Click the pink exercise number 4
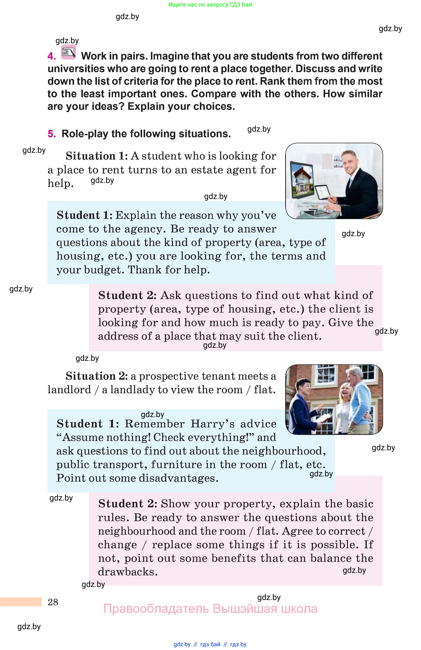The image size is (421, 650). [x=51, y=56]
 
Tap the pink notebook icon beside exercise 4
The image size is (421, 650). [x=68, y=52]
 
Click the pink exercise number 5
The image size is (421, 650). [x=51, y=134]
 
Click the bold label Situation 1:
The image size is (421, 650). [x=97, y=156]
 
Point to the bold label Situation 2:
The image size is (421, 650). [x=97, y=376]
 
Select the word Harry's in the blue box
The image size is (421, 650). [x=213, y=424]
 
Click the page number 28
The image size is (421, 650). [x=53, y=602]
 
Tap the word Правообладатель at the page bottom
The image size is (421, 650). [x=156, y=609]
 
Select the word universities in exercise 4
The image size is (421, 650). [x=76, y=69]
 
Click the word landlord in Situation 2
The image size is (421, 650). [x=69, y=390]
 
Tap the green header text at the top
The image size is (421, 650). [x=210, y=5]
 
